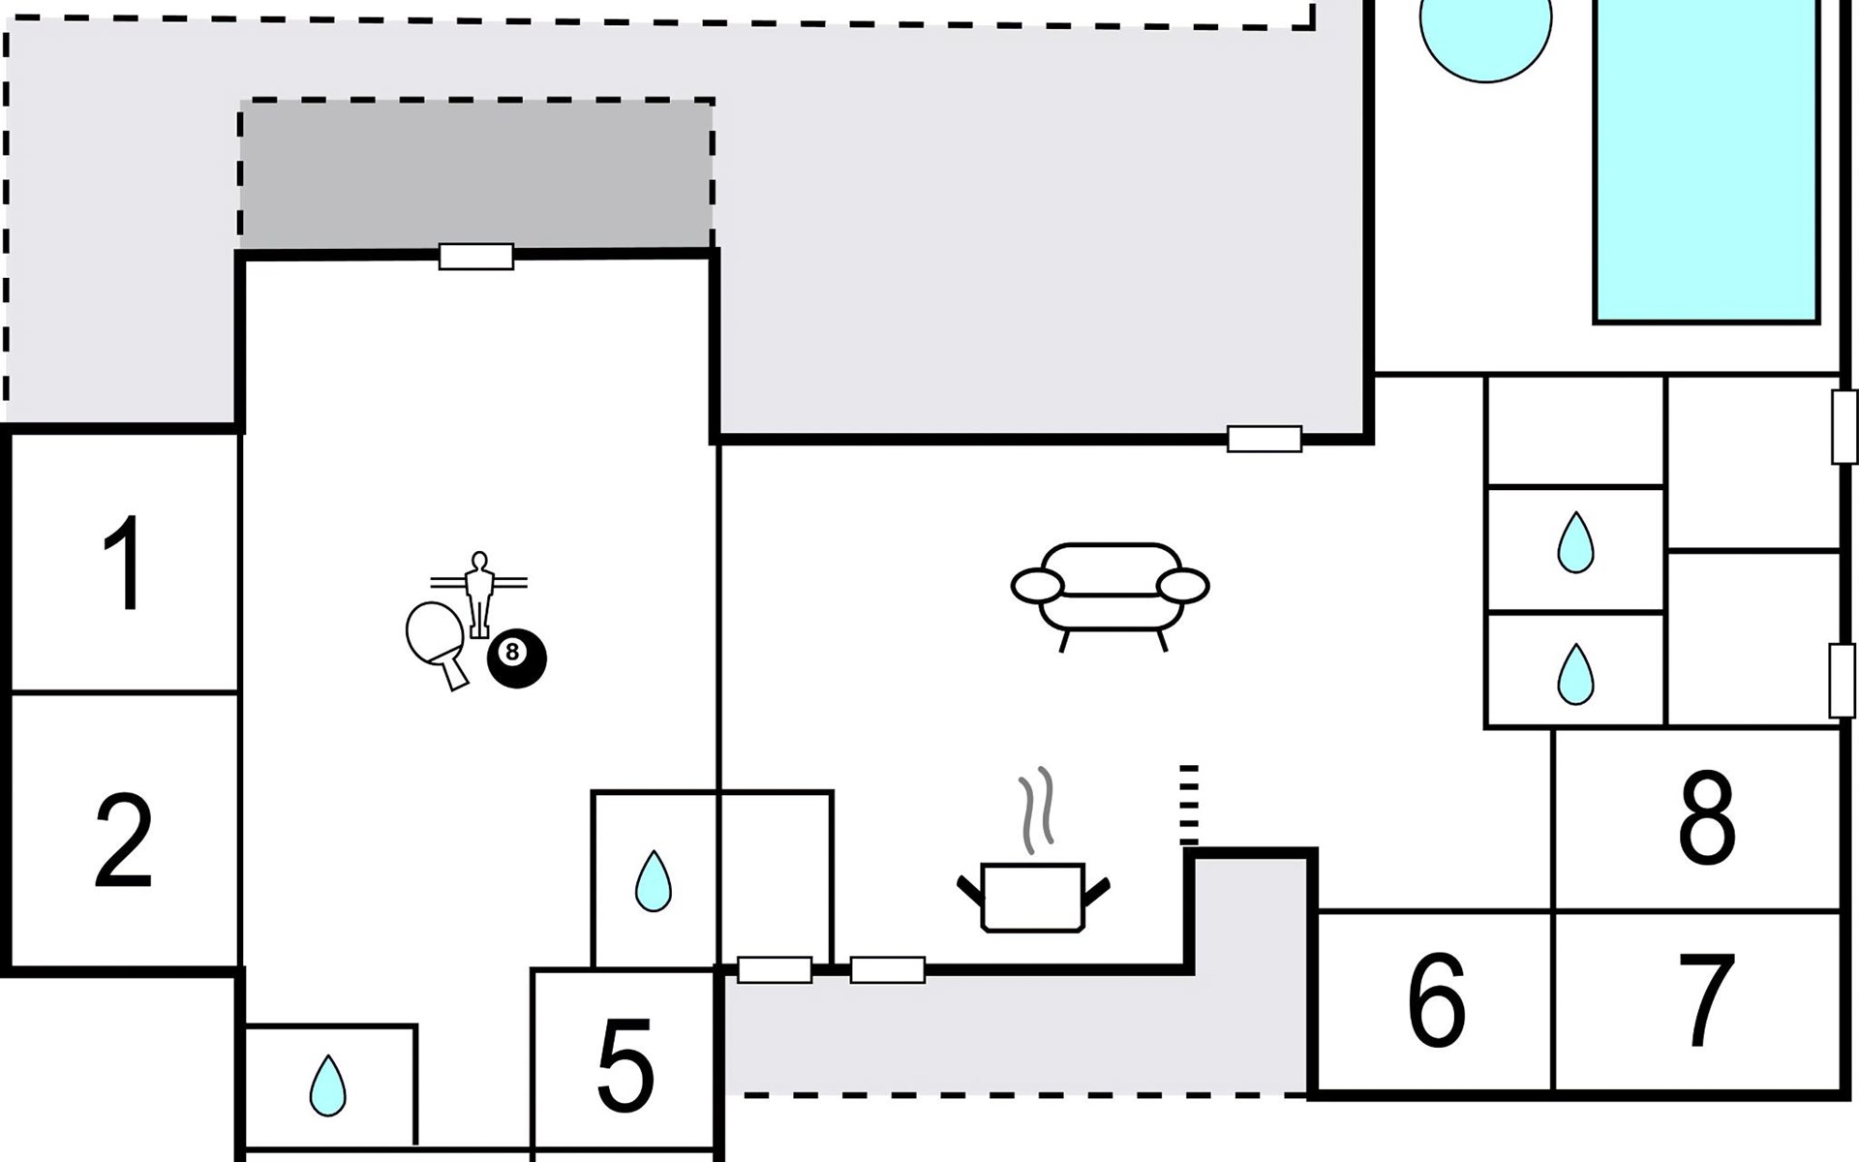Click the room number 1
[x=124, y=564]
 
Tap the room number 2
[x=124, y=840]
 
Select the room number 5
[x=625, y=1066]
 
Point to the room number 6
[x=1437, y=999]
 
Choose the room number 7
[x=1706, y=1000]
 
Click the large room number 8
[x=1706, y=817]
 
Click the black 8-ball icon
[x=516, y=658]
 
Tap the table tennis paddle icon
[x=437, y=644]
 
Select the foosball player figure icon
[x=478, y=594]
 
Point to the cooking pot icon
[x=1033, y=898]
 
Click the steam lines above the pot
[x=1036, y=810]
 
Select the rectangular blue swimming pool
[x=1707, y=160]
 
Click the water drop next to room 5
[x=654, y=880]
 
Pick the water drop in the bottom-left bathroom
[x=328, y=1085]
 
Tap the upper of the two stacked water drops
[x=1575, y=542]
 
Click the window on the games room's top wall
[x=475, y=257]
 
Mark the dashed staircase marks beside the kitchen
[x=1189, y=804]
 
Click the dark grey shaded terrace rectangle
[x=476, y=174]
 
